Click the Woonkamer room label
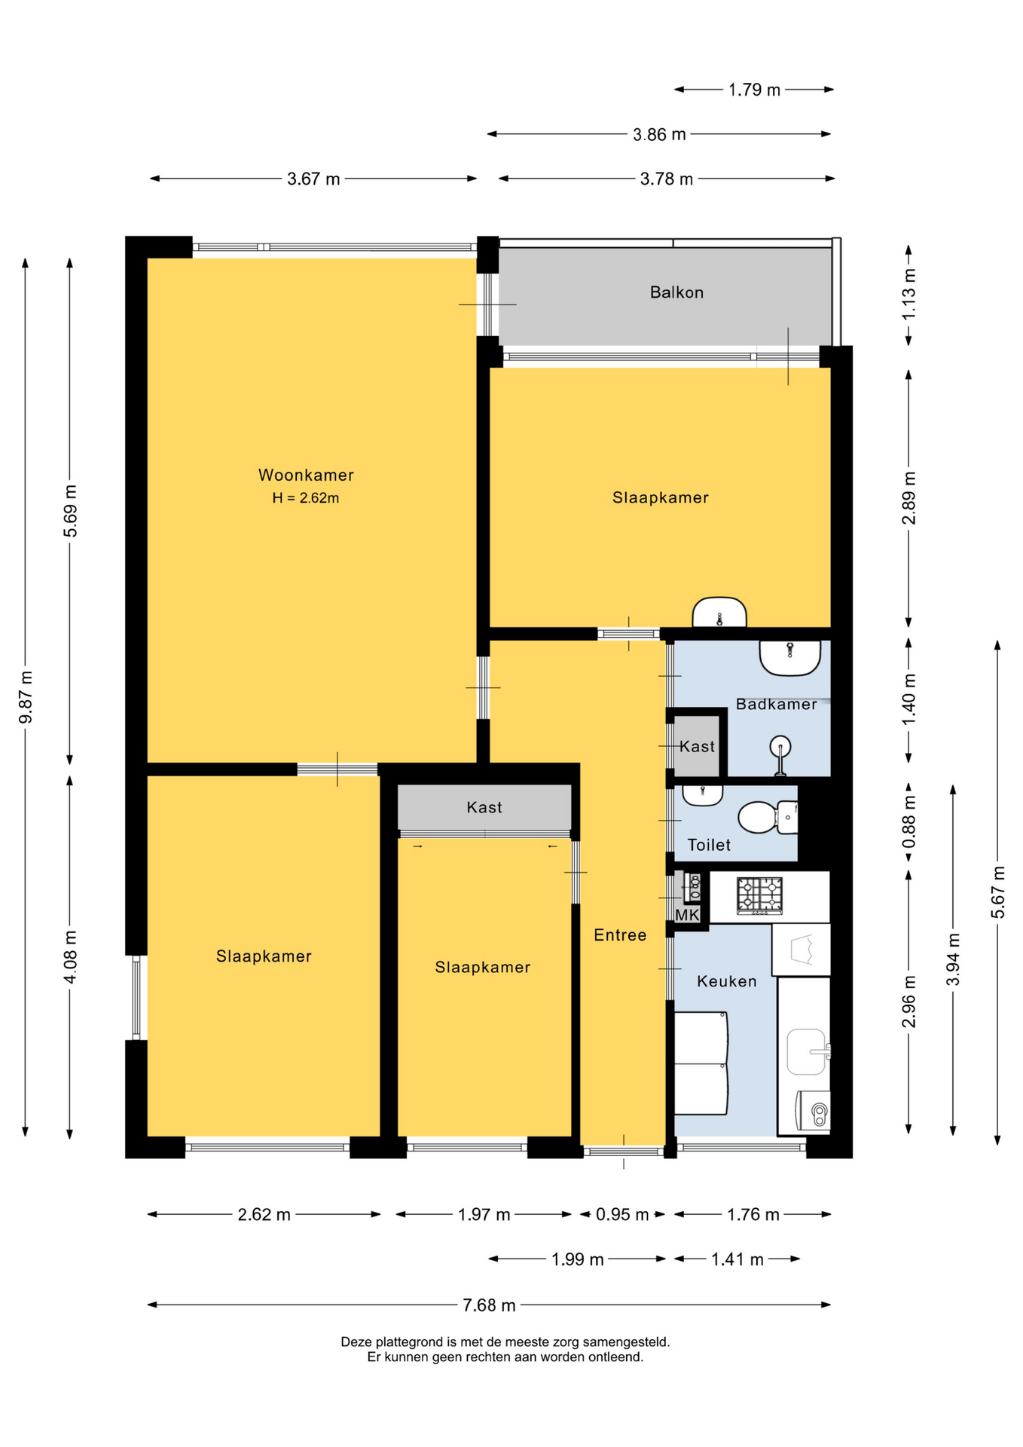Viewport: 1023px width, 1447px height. tap(306, 475)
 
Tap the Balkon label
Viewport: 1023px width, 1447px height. tap(676, 292)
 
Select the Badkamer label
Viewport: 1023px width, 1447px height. tap(776, 704)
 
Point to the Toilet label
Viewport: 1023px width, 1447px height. tap(709, 845)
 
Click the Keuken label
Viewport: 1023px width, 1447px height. tap(726, 981)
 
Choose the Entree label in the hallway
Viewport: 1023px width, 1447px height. tap(620, 935)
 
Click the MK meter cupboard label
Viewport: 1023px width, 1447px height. tap(687, 915)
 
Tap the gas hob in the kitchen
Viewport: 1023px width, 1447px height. tap(759, 896)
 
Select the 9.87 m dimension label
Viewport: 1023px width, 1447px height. tap(26, 697)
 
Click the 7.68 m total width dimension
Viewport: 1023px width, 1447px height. tap(489, 1305)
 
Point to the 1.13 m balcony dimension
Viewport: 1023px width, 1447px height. tap(909, 294)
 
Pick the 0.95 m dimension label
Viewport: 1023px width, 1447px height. tap(622, 1215)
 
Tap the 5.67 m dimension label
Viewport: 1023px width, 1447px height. tap(998, 893)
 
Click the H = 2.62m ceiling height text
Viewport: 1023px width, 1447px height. tap(306, 498)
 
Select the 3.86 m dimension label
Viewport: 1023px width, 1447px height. tap(659, 135)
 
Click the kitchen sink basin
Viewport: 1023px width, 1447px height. tap(807, 1051)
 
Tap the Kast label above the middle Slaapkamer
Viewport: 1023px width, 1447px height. tap(484, 807)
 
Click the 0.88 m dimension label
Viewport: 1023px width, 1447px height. tap(909, 822)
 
